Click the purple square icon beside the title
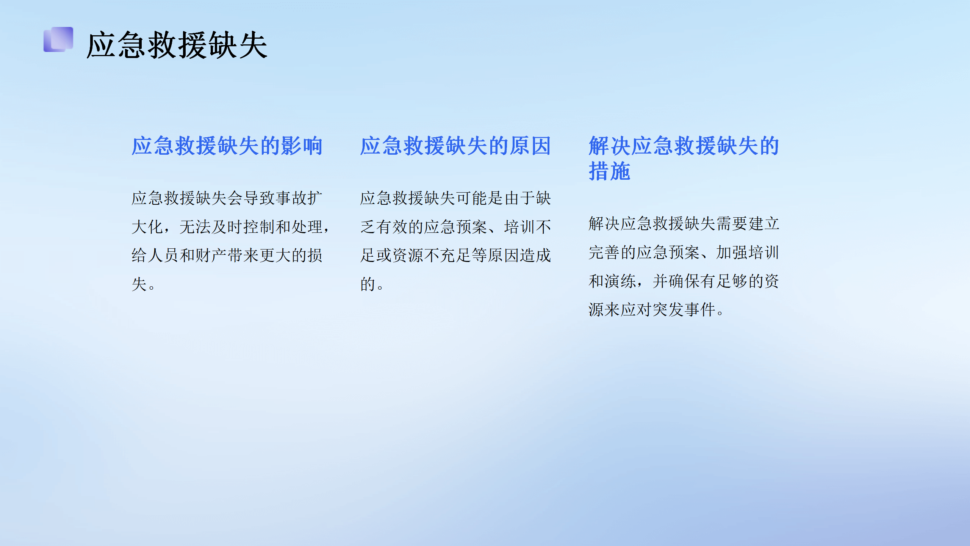pyautogui.click(x=58, y=39)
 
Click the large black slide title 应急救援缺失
pyautogui.click(x=177, y=45)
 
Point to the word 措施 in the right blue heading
pyautogui.click(x=609, y=171)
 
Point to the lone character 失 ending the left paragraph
pyautogui.click(x=139, y=284)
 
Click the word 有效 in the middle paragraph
pyautogui.click(x=392, y=227)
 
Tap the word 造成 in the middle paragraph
pyautogui.click(x=535, y=256)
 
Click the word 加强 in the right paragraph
pyautogui.click(x=732, y=253)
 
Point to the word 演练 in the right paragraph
pyautogui.click(x=620, y=281)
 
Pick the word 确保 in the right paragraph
pyautogui.click(x=684, y=281)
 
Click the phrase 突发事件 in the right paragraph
pyautogui.click(x=684, y=310)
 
